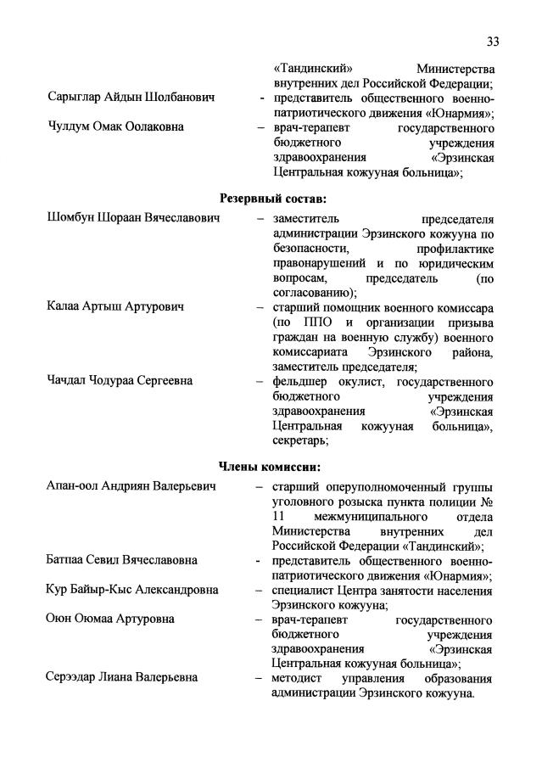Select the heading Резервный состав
(x=272, y=199)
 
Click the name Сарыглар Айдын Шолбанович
(x=131, y=98)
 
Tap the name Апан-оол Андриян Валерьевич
(x=131, y=486)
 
